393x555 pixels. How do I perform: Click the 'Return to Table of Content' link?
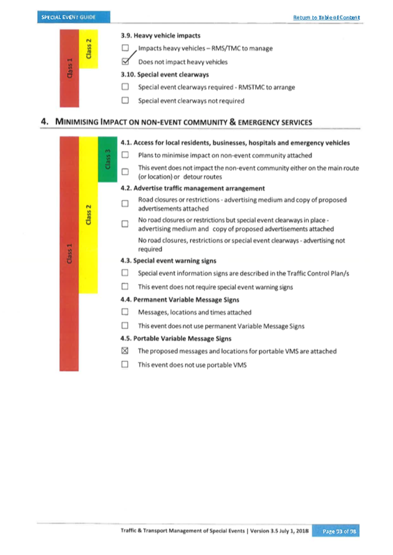click(x=327, y=17)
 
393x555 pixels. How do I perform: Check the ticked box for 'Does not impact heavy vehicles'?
click(x=125, y=62)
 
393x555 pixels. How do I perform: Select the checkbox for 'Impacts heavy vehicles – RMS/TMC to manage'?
click(x=125, y=48)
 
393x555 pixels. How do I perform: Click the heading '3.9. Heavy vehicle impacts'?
click(x=159, y=36)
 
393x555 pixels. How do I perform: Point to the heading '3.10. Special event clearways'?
click(x=164, y=74)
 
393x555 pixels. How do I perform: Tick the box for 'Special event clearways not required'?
click(x=125, y=101)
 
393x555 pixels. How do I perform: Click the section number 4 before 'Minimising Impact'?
click(x=44, y=122)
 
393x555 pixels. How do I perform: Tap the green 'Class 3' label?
click(x=107, y=159)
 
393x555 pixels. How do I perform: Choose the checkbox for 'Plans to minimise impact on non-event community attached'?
click(x=125, y=155)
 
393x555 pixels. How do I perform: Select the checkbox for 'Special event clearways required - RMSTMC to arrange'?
click(x=125, y=87)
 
